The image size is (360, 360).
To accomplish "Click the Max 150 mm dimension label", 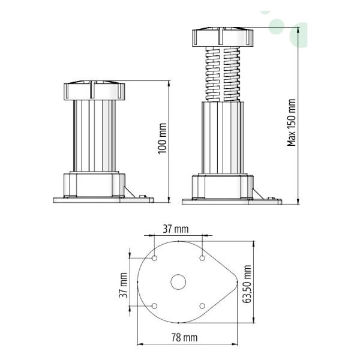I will coord(292,122).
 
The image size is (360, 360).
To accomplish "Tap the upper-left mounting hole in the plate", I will coord(155,259).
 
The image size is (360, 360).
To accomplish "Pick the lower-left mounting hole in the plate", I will coord(155,306).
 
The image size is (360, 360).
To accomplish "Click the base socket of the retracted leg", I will coord(93,184).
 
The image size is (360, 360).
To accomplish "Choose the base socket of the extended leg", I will coord(221,185).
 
